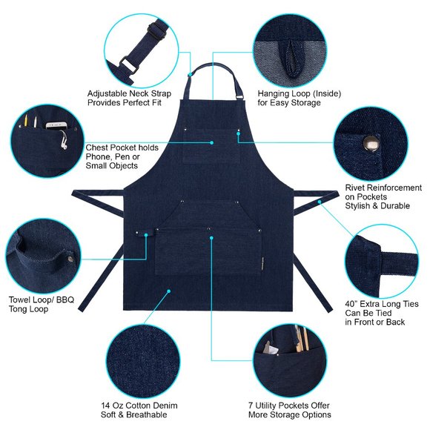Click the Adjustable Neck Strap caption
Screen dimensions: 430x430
coord(129,98)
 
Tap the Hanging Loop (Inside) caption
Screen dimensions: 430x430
coord(289,98)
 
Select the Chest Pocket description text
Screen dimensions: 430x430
coord(122,157)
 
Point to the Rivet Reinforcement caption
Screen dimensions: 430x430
coord(383,198)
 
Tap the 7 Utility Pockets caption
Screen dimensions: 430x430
coord(289,410)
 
